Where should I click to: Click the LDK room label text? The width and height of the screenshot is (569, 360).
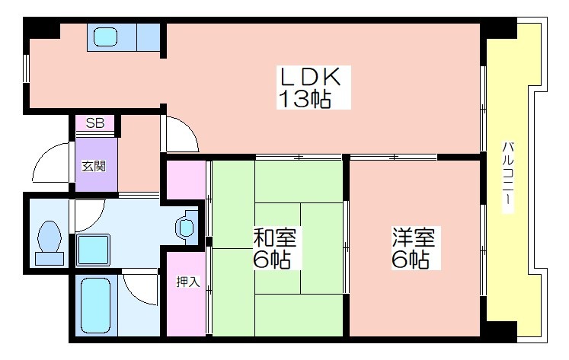[309, 77]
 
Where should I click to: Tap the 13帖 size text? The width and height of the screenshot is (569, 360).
[305, 99]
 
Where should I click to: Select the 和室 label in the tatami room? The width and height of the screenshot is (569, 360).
[275, 237]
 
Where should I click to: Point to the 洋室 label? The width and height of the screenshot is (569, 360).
[414, 237]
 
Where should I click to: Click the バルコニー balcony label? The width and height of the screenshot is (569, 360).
[507, 177]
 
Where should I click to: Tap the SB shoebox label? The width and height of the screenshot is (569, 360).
[95, 123]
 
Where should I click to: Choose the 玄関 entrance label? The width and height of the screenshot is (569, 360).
[94, 166]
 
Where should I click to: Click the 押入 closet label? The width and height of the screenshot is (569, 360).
[188, 282]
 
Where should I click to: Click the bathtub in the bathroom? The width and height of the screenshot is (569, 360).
[95, 305]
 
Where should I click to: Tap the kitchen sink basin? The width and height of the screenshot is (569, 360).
[105, 37]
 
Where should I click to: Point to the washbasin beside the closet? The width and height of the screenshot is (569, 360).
[186, 228]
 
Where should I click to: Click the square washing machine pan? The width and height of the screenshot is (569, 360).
[93, 250]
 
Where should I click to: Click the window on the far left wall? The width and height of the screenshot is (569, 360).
[25, 68]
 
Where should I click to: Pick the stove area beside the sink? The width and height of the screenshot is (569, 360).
[149, 37]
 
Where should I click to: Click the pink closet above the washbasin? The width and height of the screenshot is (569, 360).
[186, 180]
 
